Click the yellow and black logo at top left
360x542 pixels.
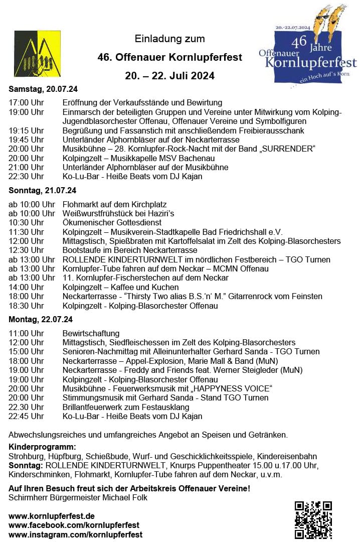click(x=37, y=54)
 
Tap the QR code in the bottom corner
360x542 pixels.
click(x=313, y=519)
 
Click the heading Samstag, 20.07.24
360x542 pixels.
click(x=43, y=89)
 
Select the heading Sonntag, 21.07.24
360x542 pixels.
click(x=43, y=191)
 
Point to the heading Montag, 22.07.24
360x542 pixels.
click(x=41, y=319)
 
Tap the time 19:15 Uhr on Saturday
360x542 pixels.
click(x=26, y=130)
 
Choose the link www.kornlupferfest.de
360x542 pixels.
click(x=52, y=516)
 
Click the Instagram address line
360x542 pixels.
click(x=75, y=534)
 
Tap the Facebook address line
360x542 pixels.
click(x=74, y=525)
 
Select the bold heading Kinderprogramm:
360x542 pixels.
click(x=42, y=447)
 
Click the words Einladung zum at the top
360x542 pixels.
click(x=169, y=39)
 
